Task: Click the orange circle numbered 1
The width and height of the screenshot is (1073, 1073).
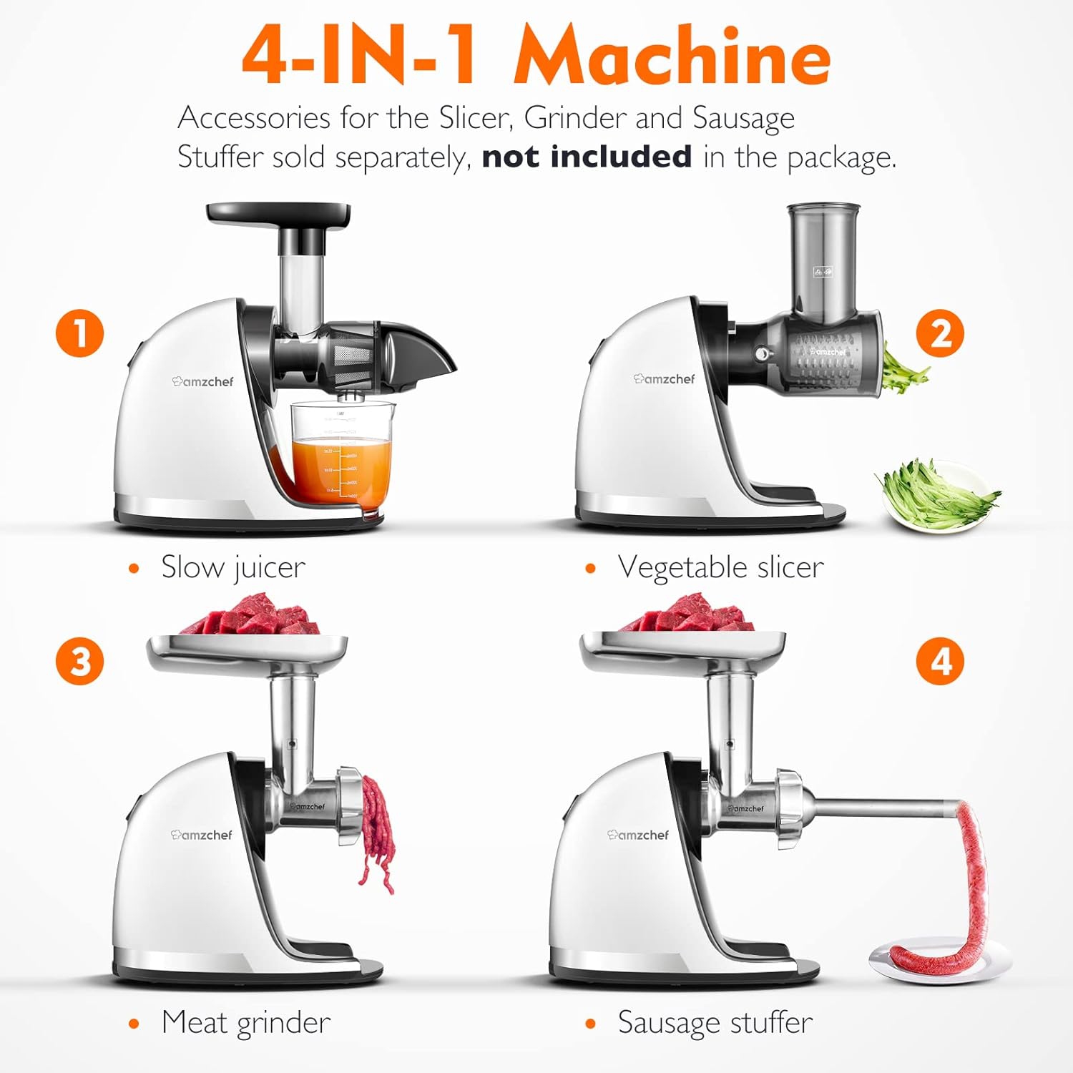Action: tap(80, 333)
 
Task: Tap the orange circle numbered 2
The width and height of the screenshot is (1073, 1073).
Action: tap(940, 333)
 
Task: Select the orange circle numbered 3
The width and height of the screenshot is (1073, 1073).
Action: tap(80, 661)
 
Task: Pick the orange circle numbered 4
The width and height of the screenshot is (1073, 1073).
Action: tap(940, 661)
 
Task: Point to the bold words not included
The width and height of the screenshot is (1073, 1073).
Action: tap(587, 157)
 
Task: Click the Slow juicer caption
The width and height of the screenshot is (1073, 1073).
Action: tap(232, 567)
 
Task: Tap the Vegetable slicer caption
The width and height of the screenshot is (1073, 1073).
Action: tap(720, 567)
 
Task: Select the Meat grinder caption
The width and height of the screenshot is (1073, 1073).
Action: tap(245, 1022)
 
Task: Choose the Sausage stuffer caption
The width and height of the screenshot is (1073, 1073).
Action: tap(715, 1022)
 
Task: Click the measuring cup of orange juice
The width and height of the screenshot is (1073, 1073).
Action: tap(342, 458)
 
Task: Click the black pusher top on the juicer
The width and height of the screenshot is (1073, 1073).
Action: tap(279, 212)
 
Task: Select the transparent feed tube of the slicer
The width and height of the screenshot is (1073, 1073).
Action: tap(823, 261)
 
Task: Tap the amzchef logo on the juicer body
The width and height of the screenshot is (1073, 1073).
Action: tap(203, 381)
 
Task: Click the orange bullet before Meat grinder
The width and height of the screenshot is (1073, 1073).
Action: tap(133, 1024)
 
